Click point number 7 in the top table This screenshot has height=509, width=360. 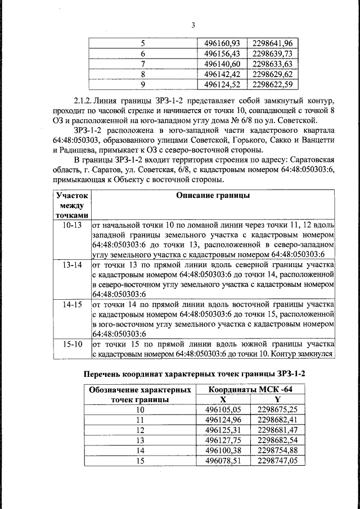(142, 64)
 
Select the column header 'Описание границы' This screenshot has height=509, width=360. (213, 196)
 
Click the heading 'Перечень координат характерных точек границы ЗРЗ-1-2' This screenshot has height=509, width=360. (196, 374)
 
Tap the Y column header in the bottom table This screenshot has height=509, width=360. (277, 399)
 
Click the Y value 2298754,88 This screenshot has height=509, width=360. (277, 450)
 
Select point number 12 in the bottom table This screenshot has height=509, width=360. (141, 430)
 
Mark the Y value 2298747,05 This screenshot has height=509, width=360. (277, 460)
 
